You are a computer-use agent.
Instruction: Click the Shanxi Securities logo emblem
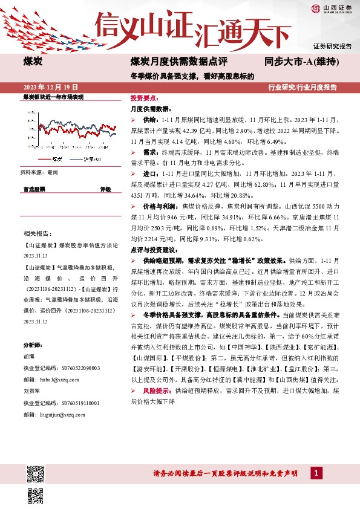pos(316,8)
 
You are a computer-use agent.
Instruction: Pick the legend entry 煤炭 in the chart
pos(57,159)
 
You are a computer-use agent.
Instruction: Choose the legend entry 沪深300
pos(91,159)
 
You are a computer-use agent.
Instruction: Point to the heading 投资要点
pos(144,97)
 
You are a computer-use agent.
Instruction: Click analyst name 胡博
pos(29,356)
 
